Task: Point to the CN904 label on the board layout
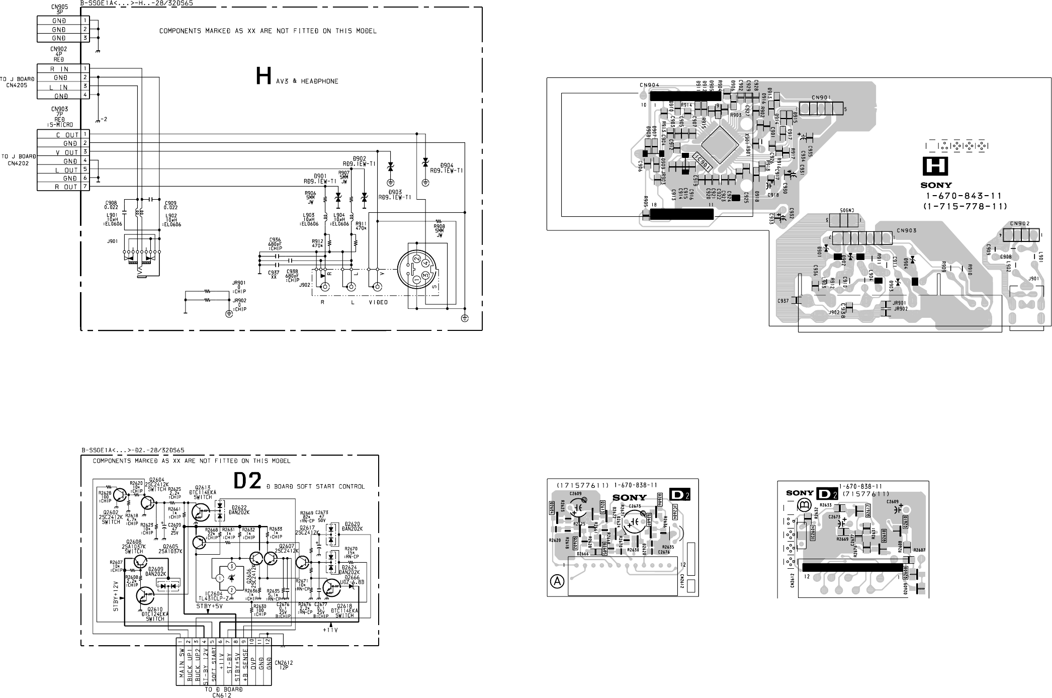650,85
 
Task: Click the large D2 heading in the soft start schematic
248,481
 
